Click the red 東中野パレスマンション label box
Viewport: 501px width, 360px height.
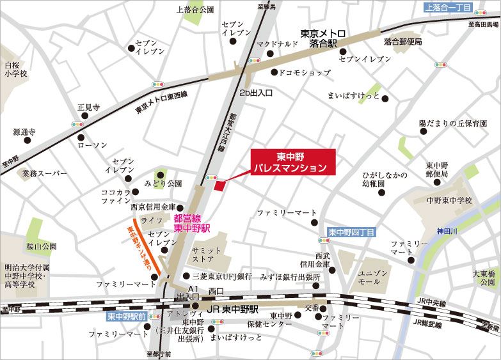click(292, 162)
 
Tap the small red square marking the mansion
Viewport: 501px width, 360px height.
click(219, 186)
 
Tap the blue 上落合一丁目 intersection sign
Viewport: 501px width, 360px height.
click(448, 7)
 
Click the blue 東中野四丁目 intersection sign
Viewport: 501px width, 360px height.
click(351, 232)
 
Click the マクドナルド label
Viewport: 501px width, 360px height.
click(278, 44)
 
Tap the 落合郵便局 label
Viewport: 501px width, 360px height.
click(403, 42)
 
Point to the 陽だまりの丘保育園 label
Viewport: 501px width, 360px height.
click(453, 122)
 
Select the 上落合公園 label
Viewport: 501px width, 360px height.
click(195, 10)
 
